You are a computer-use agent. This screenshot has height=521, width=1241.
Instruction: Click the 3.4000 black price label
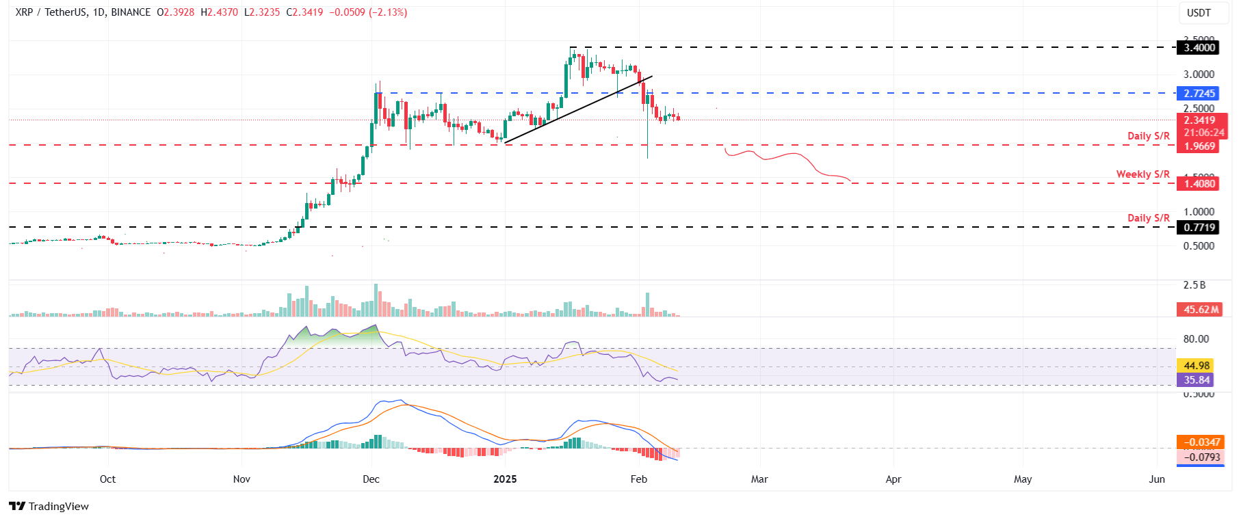[1199, 48]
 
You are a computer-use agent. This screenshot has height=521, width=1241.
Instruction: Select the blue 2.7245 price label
[1199, 94]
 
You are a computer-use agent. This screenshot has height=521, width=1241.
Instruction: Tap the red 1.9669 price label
[1199, 146]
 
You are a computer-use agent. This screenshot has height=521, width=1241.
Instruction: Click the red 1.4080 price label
[1199, 183]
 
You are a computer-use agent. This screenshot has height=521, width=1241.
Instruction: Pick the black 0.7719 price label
[1199, 228]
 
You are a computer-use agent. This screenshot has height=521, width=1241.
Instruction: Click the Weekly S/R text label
[1142, 174]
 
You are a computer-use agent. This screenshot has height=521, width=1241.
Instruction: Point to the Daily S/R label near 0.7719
[1148, 218]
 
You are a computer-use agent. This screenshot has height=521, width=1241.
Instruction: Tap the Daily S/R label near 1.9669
[1148, 136]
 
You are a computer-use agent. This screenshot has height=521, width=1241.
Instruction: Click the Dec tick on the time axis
[371, 479]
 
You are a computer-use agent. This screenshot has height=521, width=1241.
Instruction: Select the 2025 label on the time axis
[505, 479]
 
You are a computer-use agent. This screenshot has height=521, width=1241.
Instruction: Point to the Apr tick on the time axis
[893, 479]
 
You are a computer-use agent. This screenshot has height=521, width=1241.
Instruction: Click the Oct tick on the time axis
[107, 479]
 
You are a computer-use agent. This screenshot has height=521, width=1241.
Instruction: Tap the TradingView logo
[49, 507]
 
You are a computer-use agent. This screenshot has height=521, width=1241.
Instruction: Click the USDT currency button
[1199, 13]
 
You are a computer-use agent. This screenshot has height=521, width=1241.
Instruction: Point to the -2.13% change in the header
[388, 12]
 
